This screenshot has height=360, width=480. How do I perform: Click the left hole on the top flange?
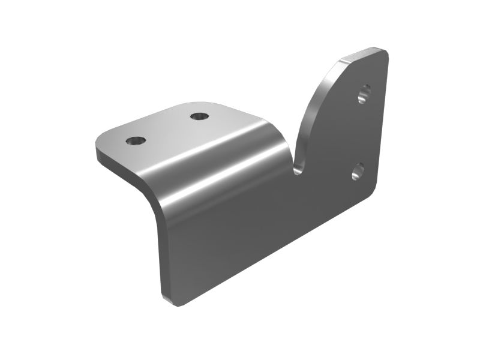[136, 142]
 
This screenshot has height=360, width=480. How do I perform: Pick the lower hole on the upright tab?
[358, 172]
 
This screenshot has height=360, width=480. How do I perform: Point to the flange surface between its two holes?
[167, 128]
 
